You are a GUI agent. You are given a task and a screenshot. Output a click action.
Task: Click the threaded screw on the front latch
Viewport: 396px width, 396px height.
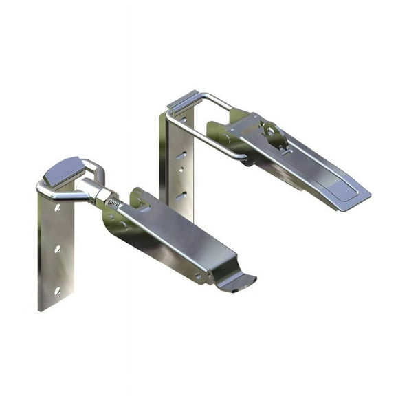click(114, 202)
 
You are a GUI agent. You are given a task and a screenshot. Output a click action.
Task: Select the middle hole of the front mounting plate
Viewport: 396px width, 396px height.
click(57, 249)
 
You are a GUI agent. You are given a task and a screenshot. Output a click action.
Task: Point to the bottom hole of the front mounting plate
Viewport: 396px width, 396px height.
click(56, 291)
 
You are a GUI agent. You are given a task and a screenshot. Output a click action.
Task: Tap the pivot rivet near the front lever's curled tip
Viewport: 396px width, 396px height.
click(199, 275)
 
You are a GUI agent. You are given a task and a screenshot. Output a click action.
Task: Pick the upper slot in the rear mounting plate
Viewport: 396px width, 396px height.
click(181, 156)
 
